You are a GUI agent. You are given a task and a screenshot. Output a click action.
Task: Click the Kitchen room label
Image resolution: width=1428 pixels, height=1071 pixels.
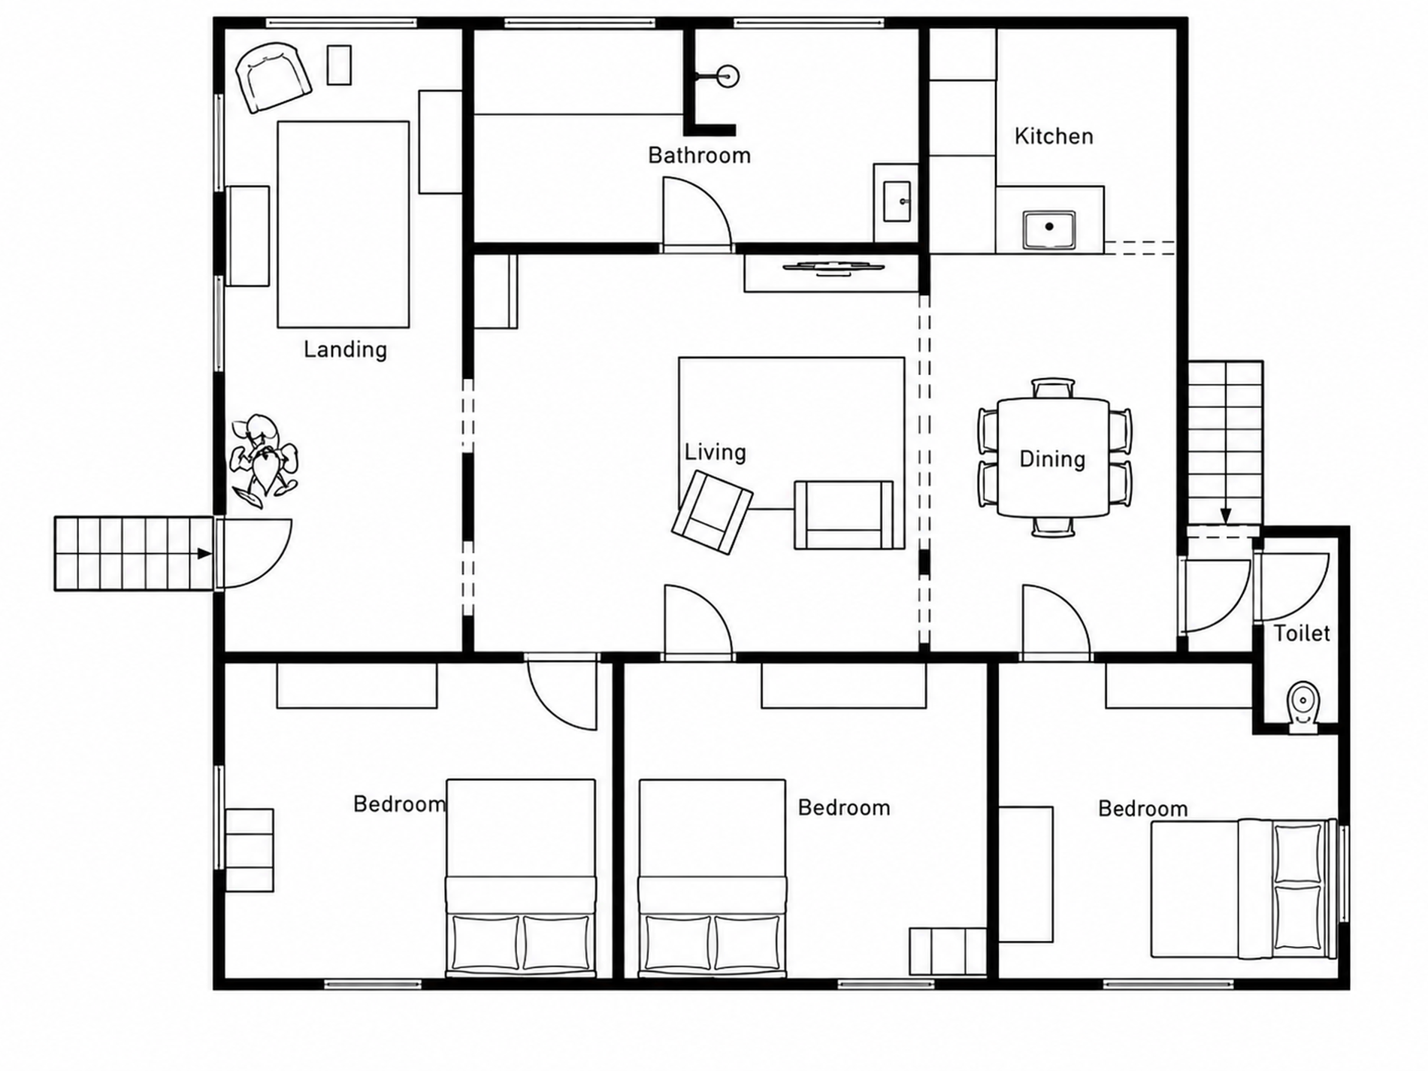tap(1053, 136)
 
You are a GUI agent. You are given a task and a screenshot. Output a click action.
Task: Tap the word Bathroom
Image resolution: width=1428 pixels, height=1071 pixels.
tap(699, 155)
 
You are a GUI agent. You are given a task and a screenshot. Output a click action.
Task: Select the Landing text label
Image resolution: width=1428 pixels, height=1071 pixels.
tap(345, 349)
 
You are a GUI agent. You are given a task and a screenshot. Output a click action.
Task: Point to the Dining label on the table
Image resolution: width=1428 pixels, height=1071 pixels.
tap(1051, 458)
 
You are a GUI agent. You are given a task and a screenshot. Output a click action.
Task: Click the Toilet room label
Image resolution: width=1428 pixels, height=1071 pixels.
tap(1301, 633)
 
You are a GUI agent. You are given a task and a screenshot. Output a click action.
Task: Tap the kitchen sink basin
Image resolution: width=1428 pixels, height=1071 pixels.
tap(1048, 229)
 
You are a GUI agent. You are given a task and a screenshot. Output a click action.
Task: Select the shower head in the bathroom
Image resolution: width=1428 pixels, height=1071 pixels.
tap(728, 76)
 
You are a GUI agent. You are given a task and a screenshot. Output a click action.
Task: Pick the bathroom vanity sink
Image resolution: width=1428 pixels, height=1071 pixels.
tap(897, 201)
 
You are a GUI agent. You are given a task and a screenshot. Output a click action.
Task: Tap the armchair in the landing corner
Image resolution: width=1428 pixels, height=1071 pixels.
tap(273, 77)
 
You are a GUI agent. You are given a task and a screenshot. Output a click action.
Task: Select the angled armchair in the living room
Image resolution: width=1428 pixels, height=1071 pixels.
tap(712, 513)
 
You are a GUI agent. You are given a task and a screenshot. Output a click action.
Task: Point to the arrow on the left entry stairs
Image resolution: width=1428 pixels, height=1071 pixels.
tap(204, 553)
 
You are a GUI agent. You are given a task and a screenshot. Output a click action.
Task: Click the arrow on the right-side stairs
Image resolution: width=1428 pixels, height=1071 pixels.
tap(1226, 516)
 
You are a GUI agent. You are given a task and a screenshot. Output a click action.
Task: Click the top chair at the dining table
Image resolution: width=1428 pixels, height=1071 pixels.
tap(1053, 388)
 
